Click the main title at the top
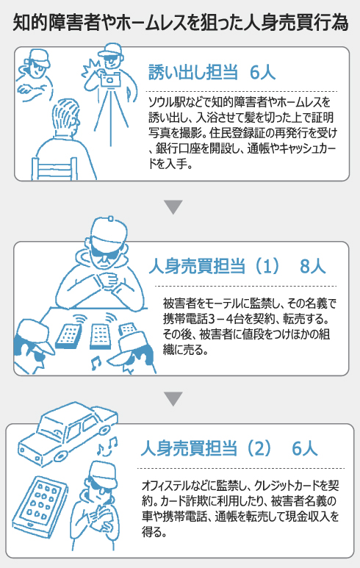[x=180, y=23]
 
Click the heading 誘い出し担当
[x=193, y=72]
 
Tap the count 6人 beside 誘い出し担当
[x=262, y=72]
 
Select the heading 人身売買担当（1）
[x=215, y=266]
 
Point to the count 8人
[x=313, y=266]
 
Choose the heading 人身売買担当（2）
[x=206, y=448]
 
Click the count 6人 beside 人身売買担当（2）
[x=305, y=448]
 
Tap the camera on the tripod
[x=110, y=79]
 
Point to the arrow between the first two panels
[x=173, y=206]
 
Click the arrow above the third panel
[x=173, y=398]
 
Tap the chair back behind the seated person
[x=54, y=168]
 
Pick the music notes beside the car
[x=107, y=446]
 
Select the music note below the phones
[x=96, y=363]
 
